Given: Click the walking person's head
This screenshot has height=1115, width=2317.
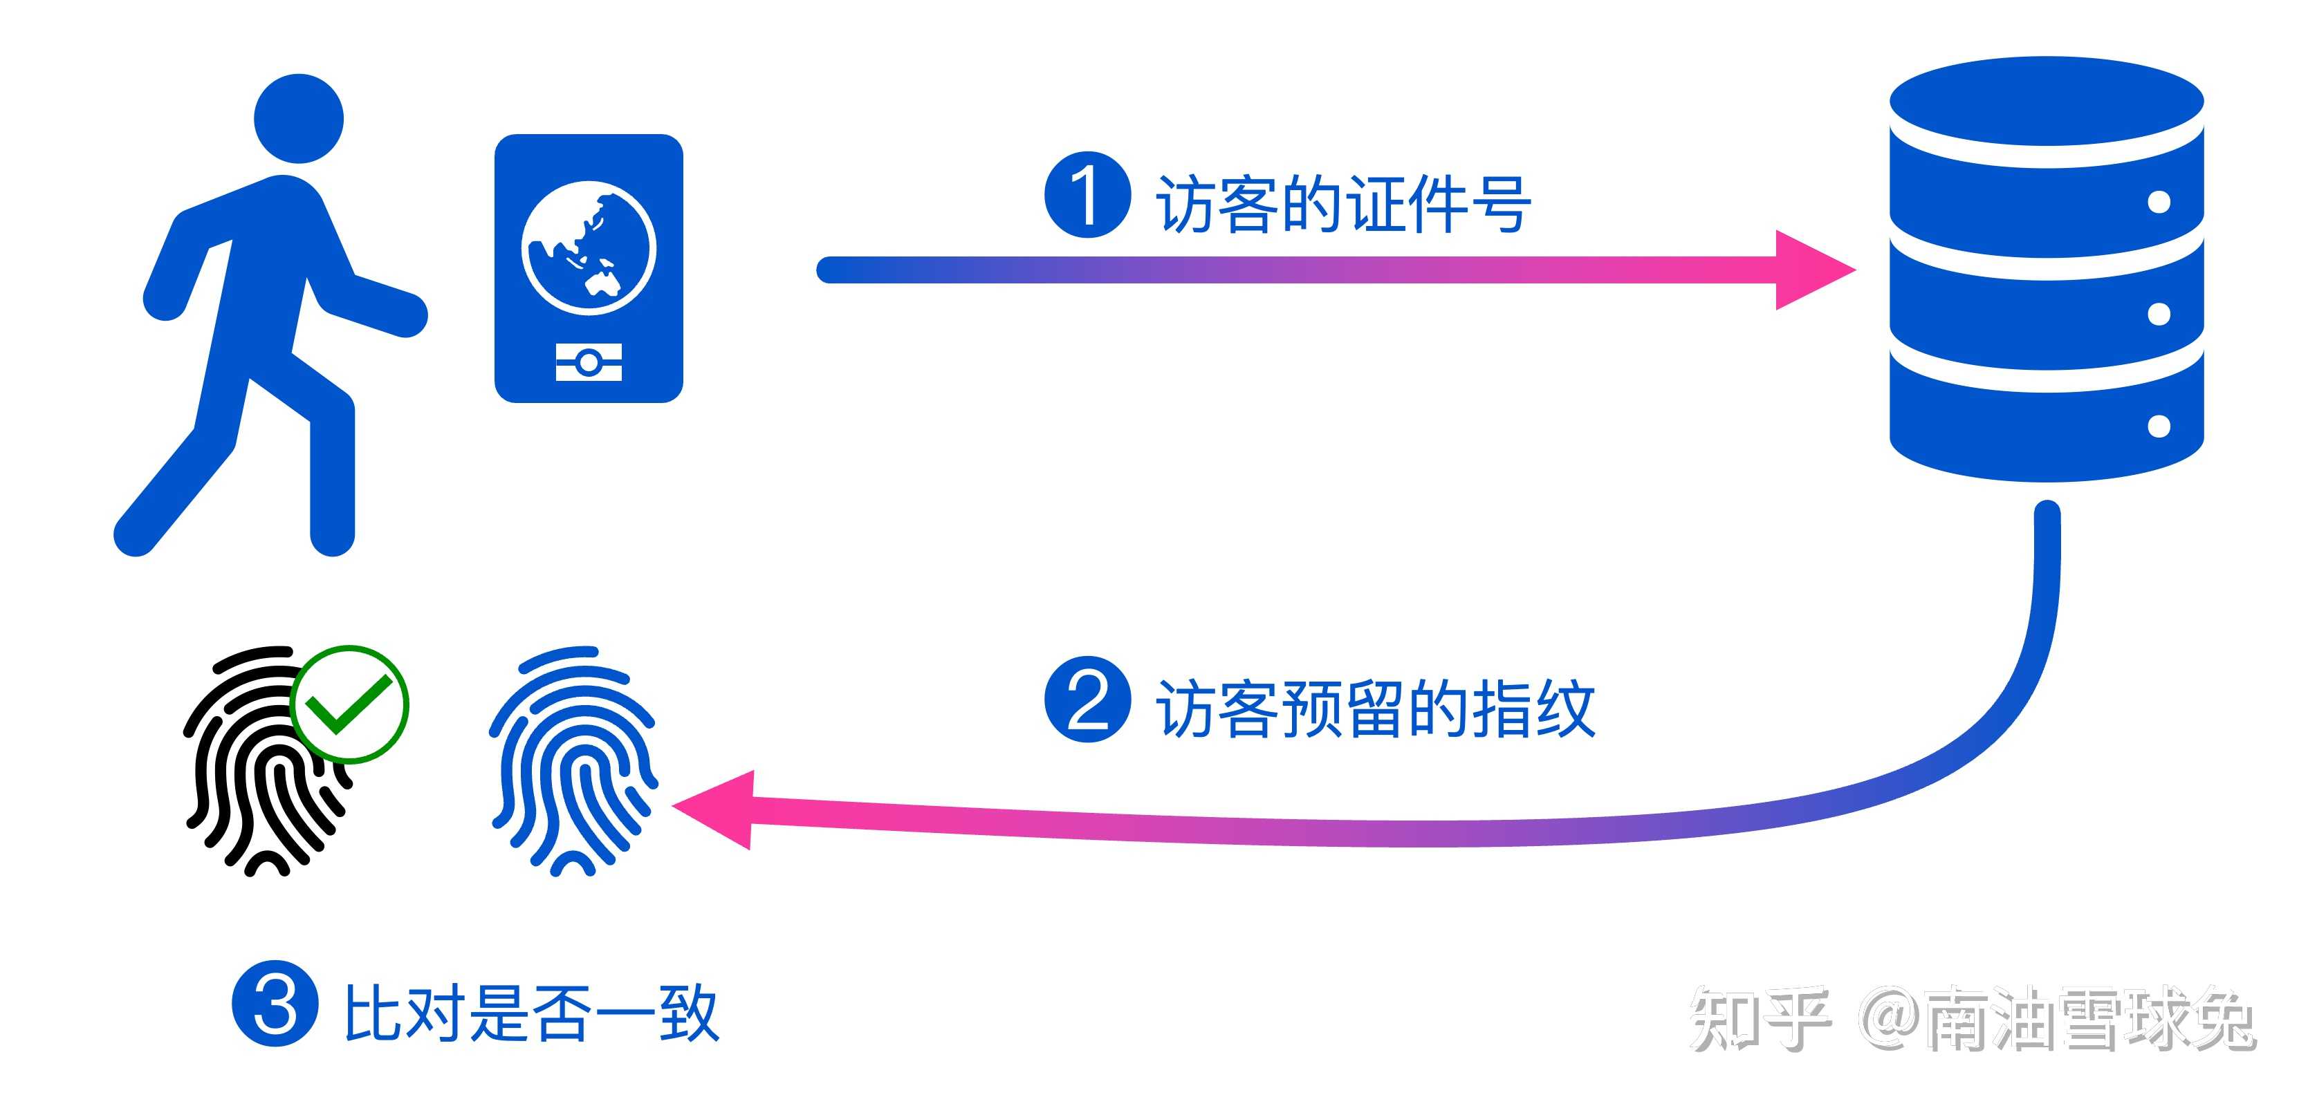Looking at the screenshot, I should click(x=299, y=119).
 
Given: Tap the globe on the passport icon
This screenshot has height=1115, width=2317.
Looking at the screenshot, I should click(x=589, y=247).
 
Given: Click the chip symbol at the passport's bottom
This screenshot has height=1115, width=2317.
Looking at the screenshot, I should click(x=589, y=362).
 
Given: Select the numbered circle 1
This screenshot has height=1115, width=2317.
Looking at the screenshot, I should click(x=1087, y=195).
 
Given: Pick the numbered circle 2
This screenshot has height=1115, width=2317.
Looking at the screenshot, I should click(x=1087, y=700).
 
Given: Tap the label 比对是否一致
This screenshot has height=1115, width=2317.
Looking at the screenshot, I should click(x=530, y=1013).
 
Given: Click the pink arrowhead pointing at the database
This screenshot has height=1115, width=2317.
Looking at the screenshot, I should click(x=1808, y=270).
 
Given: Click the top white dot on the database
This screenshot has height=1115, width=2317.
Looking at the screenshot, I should click(x=2159, y=203).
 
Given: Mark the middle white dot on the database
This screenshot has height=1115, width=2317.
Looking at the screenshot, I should click(x=2159, y=314).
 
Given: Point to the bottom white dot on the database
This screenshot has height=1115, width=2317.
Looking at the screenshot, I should click(x=2159, y=425).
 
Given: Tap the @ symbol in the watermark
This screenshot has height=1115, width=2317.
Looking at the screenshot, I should click(x=1889, y=1018).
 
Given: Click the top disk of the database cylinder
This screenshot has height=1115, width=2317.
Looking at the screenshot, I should click(x=2047, y=101).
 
